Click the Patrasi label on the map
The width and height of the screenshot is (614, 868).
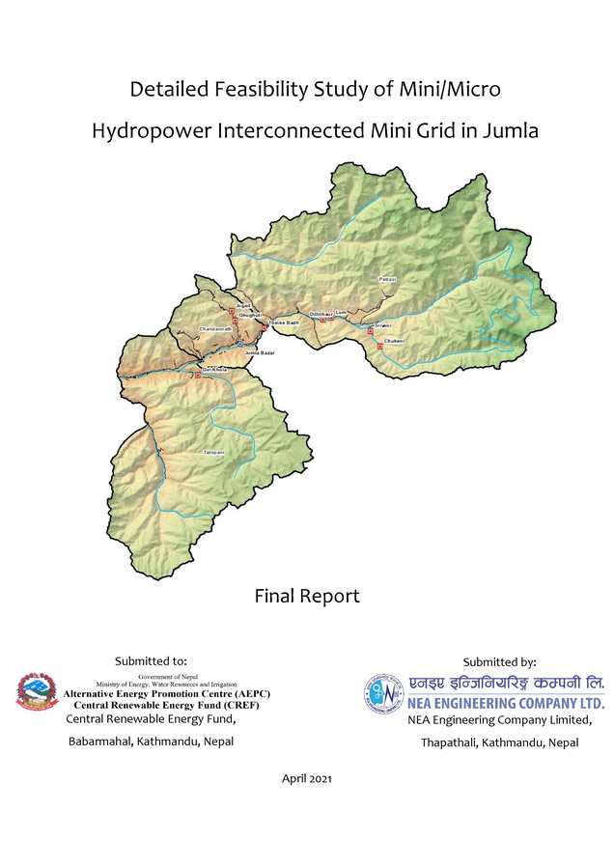point(387,278)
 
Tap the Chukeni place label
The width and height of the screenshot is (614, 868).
point(393,342)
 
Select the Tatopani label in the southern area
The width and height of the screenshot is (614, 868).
point(213,452)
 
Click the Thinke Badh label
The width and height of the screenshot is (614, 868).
point(284,322)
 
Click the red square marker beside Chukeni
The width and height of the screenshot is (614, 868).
point(380,346)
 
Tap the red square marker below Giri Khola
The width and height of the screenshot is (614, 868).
point(197,375)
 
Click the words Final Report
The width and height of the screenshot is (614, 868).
point(307,596)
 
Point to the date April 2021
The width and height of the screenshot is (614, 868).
point(307,777)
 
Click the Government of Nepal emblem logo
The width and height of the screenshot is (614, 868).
point(38,691)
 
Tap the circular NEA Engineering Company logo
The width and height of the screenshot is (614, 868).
point(382,693)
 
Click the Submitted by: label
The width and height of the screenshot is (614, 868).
point(499,662)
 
